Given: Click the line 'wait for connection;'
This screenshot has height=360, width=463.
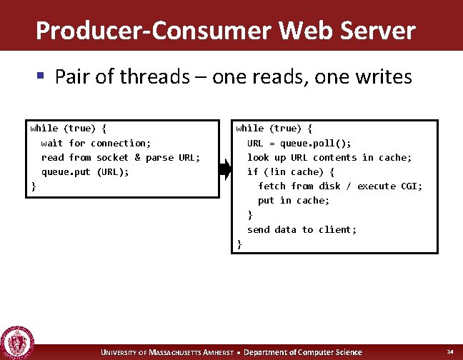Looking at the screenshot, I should point(96,143).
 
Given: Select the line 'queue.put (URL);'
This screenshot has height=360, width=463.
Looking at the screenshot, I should point(85,171).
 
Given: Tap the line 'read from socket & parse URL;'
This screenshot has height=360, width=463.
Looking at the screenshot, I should point(121,157).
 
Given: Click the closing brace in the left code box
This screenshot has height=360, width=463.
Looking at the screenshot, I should point(33,186).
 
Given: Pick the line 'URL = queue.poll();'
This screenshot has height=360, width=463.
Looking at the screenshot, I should point(299,143).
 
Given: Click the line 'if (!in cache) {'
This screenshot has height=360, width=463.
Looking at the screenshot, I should point(291,171).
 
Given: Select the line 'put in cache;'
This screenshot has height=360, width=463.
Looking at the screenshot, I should point(294,200).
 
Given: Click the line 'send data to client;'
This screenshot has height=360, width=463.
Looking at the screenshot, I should point(302,229).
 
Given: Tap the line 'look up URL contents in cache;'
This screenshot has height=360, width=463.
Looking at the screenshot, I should point(329,157).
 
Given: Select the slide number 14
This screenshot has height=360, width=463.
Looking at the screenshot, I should point(449,352).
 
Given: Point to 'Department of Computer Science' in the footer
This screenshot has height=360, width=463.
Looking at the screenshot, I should point(304,352).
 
